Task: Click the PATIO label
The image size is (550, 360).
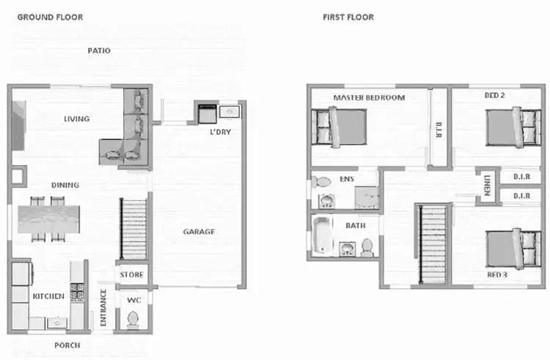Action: (99, 51)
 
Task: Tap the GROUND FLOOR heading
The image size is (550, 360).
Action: (49, 17)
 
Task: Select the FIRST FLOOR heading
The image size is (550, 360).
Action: (348, 17)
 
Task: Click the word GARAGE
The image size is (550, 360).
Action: (199, 232)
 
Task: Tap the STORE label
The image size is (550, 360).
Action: (133, 275)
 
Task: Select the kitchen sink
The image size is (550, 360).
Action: (56, 322)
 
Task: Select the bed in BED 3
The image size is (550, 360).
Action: (513, 249)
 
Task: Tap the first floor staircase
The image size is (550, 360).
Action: (431, 244)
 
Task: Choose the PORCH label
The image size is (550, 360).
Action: (67, 345)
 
